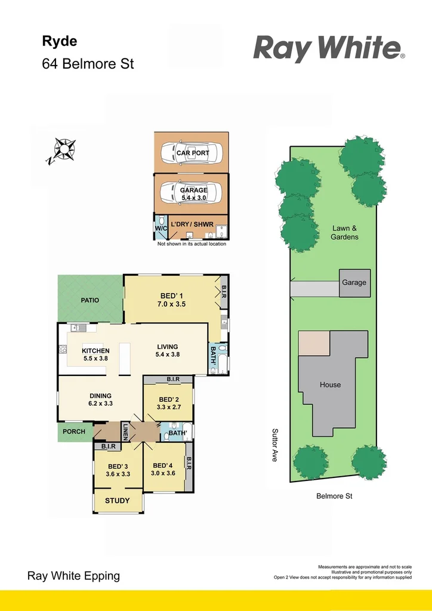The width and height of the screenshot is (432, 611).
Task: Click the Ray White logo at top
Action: point(329,48)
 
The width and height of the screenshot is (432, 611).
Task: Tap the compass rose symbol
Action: point(63,149)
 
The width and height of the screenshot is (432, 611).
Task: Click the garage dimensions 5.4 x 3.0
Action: point(193,197)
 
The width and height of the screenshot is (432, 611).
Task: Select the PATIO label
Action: point(90,300)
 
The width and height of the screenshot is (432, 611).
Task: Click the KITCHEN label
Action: point(95,351)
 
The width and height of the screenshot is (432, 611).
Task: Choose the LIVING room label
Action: point(168,347)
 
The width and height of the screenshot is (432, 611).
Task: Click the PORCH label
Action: point(74,431)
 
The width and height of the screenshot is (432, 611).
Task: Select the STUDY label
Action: point(117,501)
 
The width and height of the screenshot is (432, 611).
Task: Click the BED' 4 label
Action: point(163,466)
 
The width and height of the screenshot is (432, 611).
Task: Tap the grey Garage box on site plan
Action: point(354,282)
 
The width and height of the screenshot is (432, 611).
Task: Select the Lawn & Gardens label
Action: point(344,233)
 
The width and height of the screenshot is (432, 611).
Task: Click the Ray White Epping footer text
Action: point(74,576)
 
